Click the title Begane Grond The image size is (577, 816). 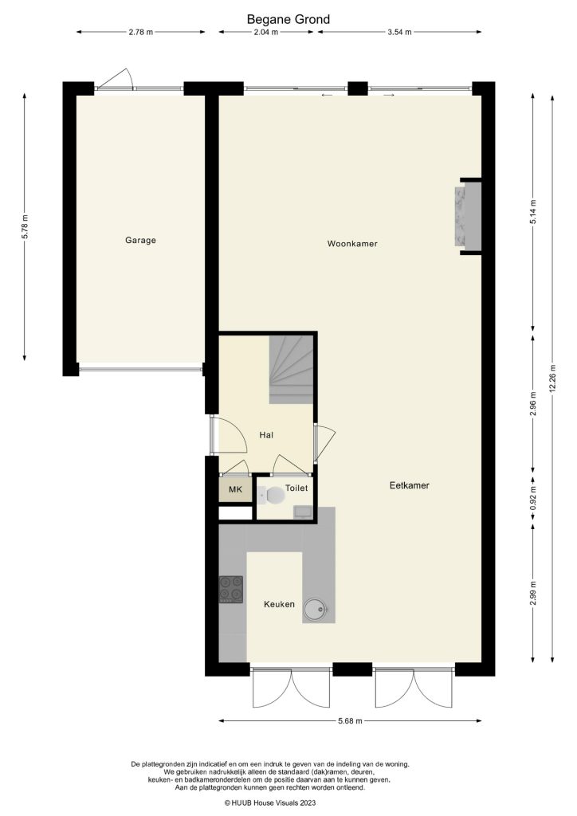click(x=288, y=18)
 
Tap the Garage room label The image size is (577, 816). click(x=139, y=240)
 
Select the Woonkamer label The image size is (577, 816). click(x=351, y=244)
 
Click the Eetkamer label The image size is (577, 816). click(x=410, y=484)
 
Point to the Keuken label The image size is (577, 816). click(x=279, y=605)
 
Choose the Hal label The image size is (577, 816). click(x=266, y=435)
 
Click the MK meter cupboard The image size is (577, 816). click(x=234, y=489)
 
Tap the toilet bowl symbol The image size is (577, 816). click(x=274, y=496)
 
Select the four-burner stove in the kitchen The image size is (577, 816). click(x=231, y=589)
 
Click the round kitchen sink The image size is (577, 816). click(x=316, y=610)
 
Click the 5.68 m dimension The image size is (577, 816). click(x=350, y=721)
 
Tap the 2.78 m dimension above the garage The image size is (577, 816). click(x=140, y=33)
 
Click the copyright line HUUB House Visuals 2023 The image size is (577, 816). click(x=288, y=802)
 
